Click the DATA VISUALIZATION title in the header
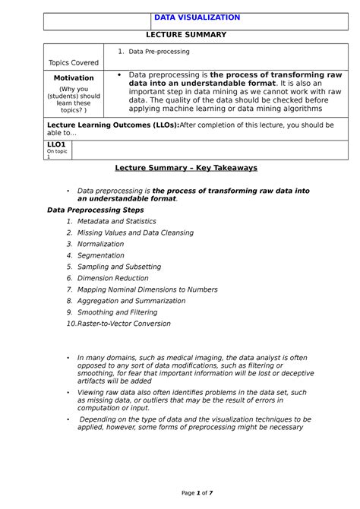[x=197, y=17]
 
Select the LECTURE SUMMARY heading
[x=187, y=35]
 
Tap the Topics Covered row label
[x=73, y=62]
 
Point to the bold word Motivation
[x=74, y=77]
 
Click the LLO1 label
[x=57, y=144]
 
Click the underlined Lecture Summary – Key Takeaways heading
[x=186, y=167]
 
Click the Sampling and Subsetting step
[x=118, y=267]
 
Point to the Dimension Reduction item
[x=114, y=278]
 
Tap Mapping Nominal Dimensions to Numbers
[x=147, y=289]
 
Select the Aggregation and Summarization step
[x=131, y=301]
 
